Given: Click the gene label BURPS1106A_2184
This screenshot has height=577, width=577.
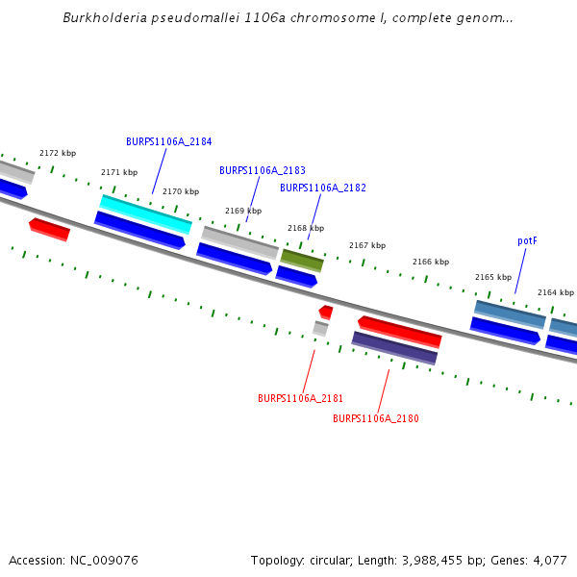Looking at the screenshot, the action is (x=168, y=141).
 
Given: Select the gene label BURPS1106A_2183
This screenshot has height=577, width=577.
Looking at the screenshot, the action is (x=262, y=170).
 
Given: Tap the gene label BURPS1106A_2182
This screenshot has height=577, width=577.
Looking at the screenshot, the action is (x=322, y=188).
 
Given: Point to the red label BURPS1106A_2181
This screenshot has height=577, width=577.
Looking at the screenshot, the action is (x=300, y=398).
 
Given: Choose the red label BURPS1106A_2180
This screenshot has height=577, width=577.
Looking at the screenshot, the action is (x=375, y=418).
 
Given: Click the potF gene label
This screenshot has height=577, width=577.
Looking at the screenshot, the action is (x=526, y=240).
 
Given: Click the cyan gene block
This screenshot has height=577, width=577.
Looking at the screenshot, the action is (x=146, y=213).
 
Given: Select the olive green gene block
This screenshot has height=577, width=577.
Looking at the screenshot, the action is (x=302, y=260).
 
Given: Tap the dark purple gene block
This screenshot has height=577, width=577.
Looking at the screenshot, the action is (x=394, y=348).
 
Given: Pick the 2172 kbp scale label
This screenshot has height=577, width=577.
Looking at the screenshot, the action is (x=58, y=153).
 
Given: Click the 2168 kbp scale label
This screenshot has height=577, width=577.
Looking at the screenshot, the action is (x=306, y=228).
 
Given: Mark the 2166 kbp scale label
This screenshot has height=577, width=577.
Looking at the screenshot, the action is (x=430, y=262).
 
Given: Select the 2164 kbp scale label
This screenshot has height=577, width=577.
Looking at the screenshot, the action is (x=555, y=292).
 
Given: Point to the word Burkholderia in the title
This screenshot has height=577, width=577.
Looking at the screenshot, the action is (x=100, y=17).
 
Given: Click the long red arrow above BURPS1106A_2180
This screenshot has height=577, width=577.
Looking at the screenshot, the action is (x=399, y=331).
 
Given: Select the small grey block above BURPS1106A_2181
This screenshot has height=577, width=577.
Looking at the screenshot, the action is (x=320, y=329).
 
